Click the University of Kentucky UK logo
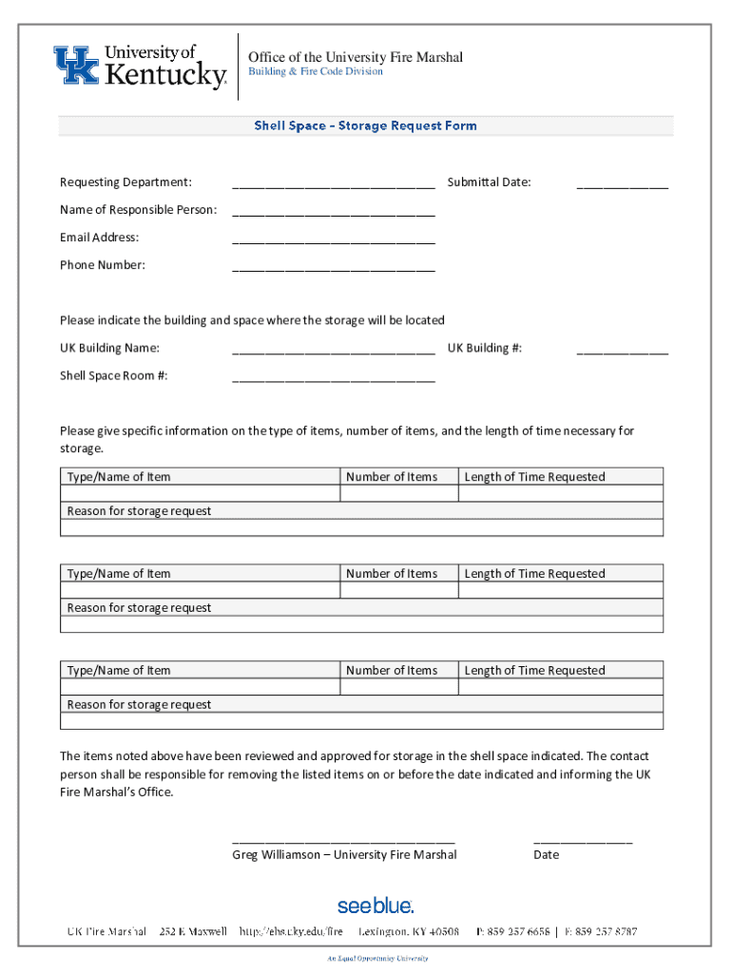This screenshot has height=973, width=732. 140,67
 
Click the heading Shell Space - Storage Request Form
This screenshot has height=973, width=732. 365,125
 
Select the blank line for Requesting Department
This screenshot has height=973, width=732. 333,184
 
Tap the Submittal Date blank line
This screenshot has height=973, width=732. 622,184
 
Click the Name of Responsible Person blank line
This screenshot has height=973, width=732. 333,212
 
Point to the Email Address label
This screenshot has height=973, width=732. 99,238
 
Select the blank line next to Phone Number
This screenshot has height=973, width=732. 333,267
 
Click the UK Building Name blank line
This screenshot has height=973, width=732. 333,350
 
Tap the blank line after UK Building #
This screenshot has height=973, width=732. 622,350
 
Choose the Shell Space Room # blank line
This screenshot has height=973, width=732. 333,377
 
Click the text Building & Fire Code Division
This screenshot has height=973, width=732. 316,72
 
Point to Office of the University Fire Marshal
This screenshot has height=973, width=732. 356,57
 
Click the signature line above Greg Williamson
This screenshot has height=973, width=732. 343,840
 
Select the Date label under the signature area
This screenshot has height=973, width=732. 546,854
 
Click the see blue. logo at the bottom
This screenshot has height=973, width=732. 376,905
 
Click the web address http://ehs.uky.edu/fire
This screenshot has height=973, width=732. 291,932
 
